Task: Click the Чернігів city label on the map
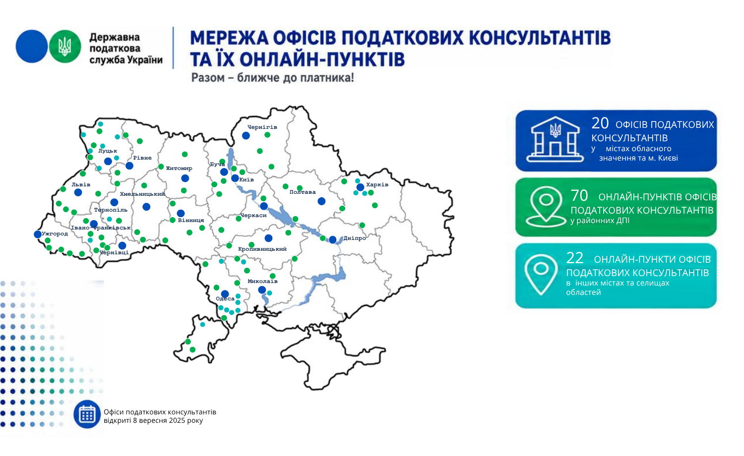tap(262, 127)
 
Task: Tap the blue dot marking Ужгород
tap(38, 234)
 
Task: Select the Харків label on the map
tap(377, 184)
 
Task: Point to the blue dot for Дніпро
tap(332, 239)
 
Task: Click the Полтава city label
tap(303, 192)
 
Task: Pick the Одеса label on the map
tap(225, 299)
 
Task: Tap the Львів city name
tap(81, 184)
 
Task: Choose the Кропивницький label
tap(262, 249)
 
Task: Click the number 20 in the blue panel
tap(600, 123)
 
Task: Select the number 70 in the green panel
tap(579, 195)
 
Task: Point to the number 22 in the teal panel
tap(574, 258)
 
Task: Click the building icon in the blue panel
tap(555, 139)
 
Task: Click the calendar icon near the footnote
tap(87, 414)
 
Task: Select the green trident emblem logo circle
tap(65, 47)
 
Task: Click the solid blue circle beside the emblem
tap(32, 47)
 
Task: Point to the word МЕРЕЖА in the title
tap(230, 38)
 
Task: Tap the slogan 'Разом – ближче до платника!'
tap(273, 78)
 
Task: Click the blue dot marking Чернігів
tap(246, 135)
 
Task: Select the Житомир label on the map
tap(179, 168)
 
